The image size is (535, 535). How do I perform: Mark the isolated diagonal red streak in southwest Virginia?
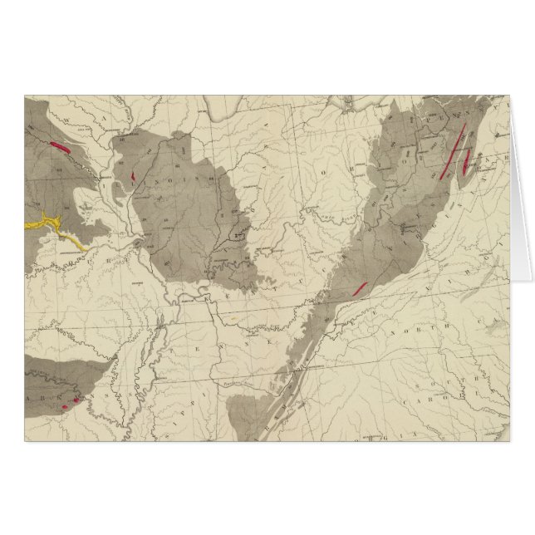360,288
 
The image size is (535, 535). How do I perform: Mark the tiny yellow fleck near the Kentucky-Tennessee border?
235,316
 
